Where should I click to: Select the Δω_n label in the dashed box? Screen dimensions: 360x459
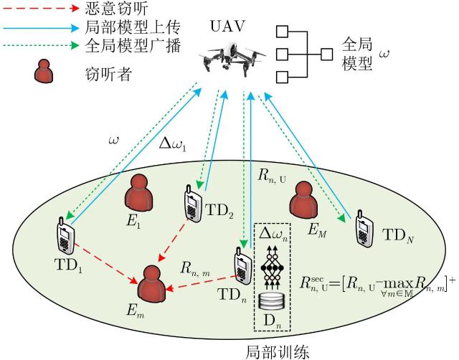click(x=272, y=235)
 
